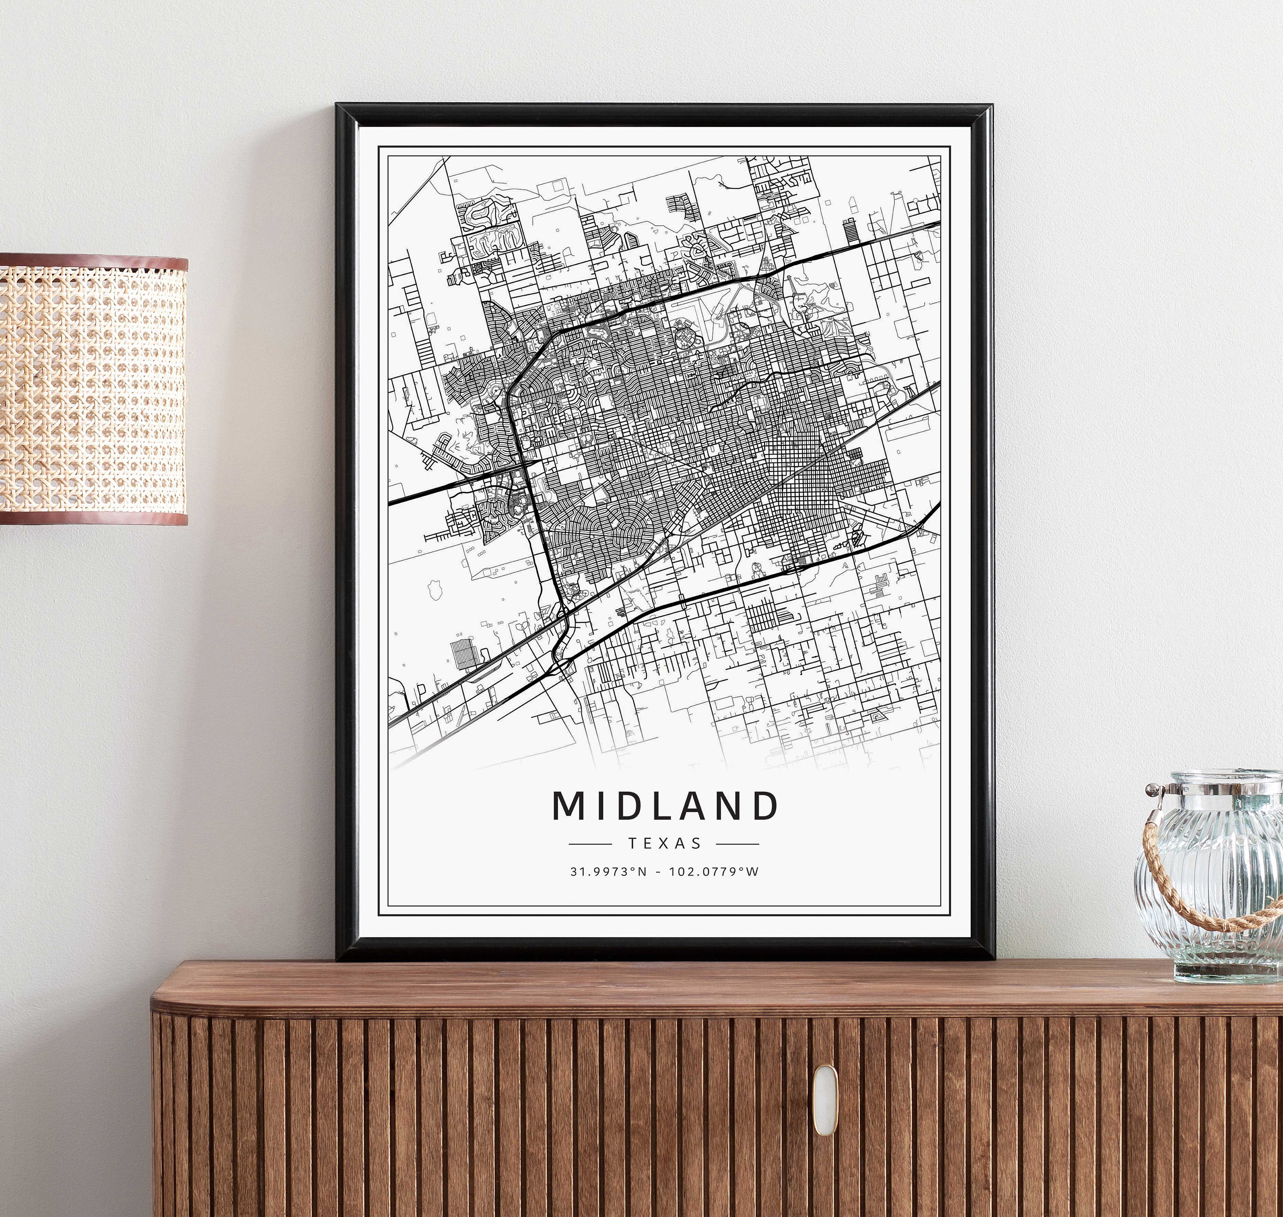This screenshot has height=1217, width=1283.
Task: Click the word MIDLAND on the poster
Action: pyautogui.click(x=665, y=806)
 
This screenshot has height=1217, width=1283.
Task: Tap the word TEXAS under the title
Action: pyautogui.click(x=665, y=843)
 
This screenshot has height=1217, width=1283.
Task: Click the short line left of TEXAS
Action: pyautogui.click(x=589, y=844)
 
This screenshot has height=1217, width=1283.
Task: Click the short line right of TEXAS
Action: pyautogui.click(x=738, y=844)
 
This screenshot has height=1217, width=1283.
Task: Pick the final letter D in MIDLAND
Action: pyautogui.click(x=766, y=806)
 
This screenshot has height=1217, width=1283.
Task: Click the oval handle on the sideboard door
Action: pyautogui.click(x=825, y=1091)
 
